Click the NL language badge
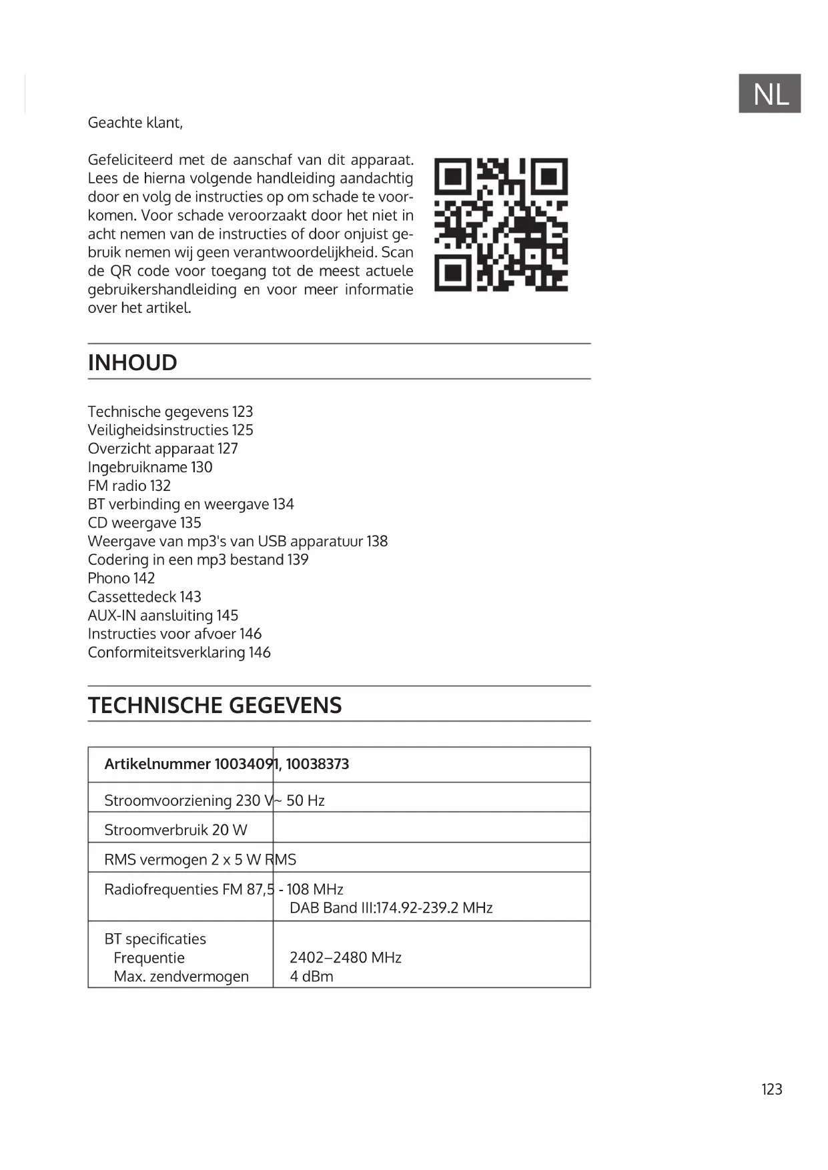click(x=769, y=93)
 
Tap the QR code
click(x=500, y=225)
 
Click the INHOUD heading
click(x=132, y=362)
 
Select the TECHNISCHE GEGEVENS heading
click(x=215, y=705)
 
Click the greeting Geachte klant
click(x=135, y=123)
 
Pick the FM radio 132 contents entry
click(x=129, y=486)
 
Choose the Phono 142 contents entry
click(x=121, y=578)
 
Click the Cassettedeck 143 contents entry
click(x=144, y=597)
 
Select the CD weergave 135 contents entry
click(x=144, y=523)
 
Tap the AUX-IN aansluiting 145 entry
click(x=163, y=615)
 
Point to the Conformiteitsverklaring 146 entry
click(x=179, y=652)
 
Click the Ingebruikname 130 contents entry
click(x=149, y=467)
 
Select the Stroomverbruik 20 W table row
click(x=175, y=830)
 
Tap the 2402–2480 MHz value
click(x=345, y=958)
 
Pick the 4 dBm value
click(x=311, y=977)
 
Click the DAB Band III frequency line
click(x=390, y=908)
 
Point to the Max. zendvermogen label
click(x=181, y=977)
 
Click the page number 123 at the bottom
click(x=771, y=1089)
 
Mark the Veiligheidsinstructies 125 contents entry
click(x=170, y=430)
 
